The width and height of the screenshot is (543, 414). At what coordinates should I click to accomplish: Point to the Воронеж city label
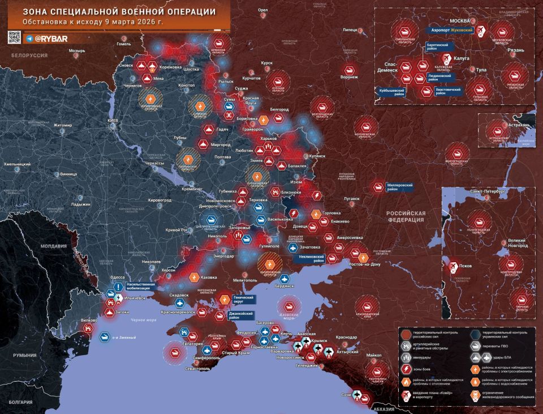tap(349, 77)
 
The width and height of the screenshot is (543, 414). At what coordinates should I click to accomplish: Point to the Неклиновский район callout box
tap(312, 259)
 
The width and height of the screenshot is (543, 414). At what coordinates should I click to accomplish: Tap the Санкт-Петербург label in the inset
tap(488, 191)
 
